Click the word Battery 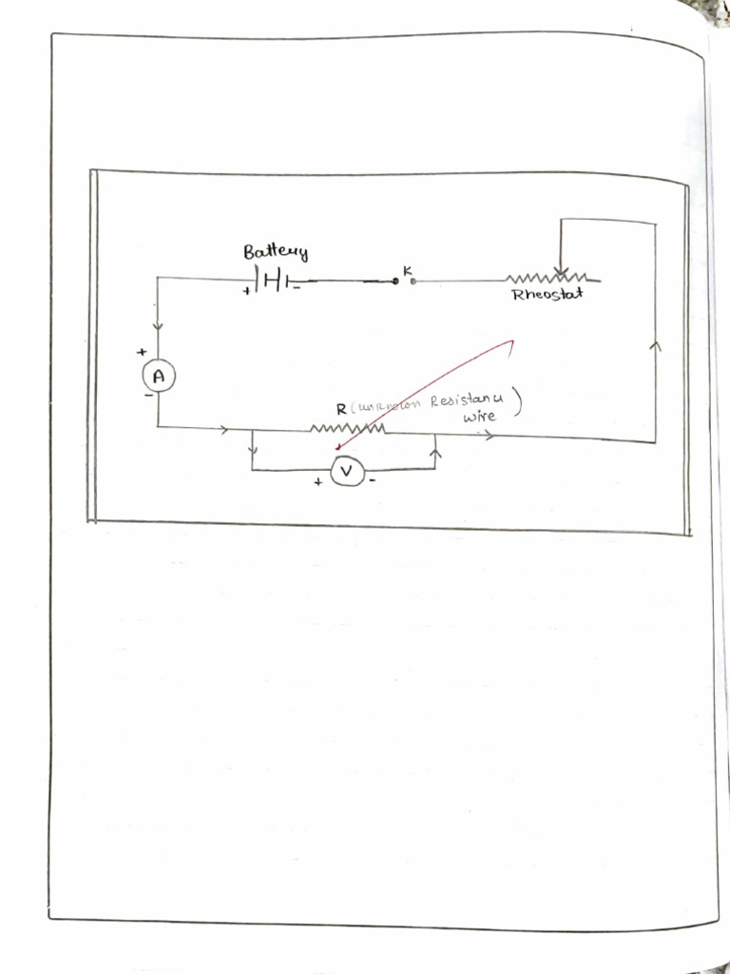pos(276,252)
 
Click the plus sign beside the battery pos(245,291)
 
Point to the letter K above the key pos(407,271)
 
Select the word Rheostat pos(547,295)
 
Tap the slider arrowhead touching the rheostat pos(562,272)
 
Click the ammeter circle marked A pos(159,377)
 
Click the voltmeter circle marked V pos(347,471)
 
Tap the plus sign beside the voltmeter pos(318,482)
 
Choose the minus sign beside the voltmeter pos(372,481)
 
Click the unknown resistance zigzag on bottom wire pos(347,429)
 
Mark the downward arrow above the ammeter pos(158,327)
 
